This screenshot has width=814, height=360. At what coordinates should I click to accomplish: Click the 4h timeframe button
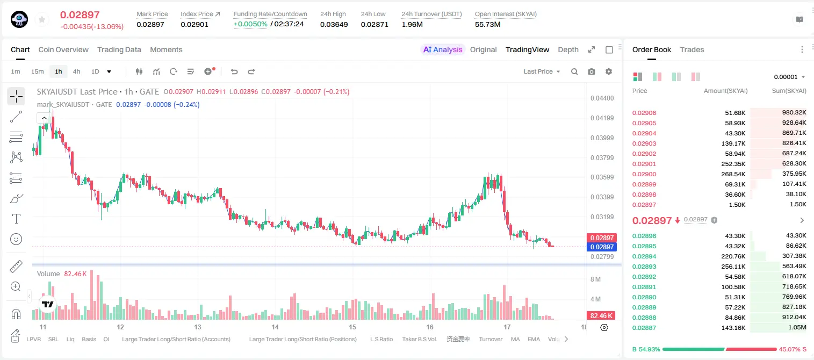(76, 71)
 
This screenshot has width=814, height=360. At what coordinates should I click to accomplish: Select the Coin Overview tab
(63, 49)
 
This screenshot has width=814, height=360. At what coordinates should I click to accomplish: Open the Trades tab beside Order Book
(692, 49)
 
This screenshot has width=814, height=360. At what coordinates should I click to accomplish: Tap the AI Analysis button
(443, 49)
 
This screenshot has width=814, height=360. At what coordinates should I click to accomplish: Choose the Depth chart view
(568, 49)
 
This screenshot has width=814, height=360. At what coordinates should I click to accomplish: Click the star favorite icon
(42, 19)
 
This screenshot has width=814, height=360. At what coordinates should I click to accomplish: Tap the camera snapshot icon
(592, 71)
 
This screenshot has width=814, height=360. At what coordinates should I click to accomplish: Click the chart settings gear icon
(609, 71)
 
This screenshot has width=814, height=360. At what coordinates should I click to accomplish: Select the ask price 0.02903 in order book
(644, 143)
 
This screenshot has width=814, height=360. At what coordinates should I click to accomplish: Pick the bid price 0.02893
(644, 267)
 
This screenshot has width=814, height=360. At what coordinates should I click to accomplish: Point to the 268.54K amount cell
(733, 174)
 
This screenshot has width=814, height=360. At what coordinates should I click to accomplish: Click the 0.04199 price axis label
(602, 118)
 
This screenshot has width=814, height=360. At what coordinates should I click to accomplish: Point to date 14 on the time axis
(275, 327)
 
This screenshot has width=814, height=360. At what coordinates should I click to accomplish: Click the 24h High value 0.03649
(334, 24)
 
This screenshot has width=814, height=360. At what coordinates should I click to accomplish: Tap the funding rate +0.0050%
(250, 24)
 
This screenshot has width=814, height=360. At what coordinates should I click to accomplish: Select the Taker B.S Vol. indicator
(419, 339)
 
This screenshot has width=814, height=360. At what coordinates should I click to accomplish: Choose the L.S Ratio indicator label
(381, 339)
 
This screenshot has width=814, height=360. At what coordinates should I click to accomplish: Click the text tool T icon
(16, 219)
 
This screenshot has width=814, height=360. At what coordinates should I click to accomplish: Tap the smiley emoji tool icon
(16, 239)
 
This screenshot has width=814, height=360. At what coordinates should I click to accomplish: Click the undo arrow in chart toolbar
(234, 71)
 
